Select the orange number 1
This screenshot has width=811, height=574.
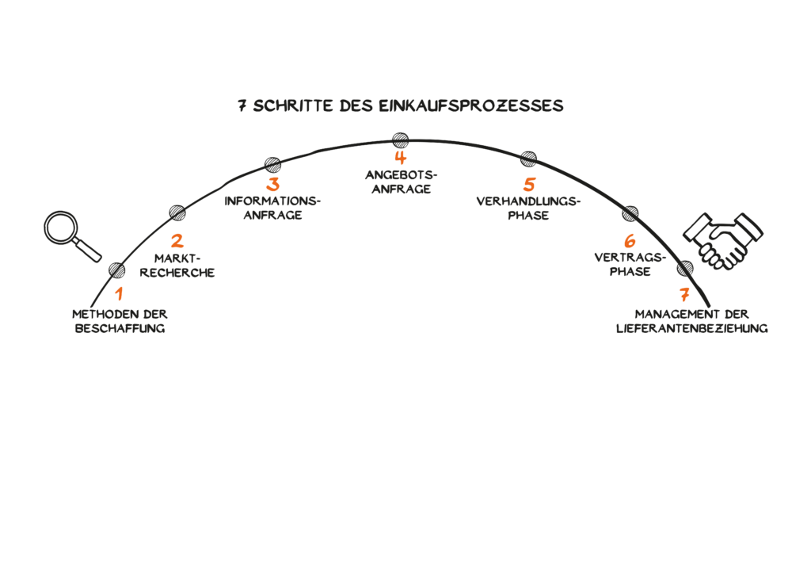[119, 295]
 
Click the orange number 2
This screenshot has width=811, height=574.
[177, 241]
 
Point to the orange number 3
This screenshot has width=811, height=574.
[273, 185]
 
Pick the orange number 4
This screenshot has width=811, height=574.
[400, 158]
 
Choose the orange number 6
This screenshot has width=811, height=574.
[630, 240]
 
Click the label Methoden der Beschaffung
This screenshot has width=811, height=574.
[120, 320]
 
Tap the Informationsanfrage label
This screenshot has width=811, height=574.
[273, 208]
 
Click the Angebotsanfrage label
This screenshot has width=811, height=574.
[400, 182]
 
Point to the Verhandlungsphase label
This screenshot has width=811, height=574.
[528, 208]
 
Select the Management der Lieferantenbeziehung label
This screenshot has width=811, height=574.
[692, 320]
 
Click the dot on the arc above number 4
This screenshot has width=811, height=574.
[400, 139]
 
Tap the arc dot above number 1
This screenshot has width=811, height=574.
[117, 270]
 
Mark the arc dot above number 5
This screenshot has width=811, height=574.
[528, 159]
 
